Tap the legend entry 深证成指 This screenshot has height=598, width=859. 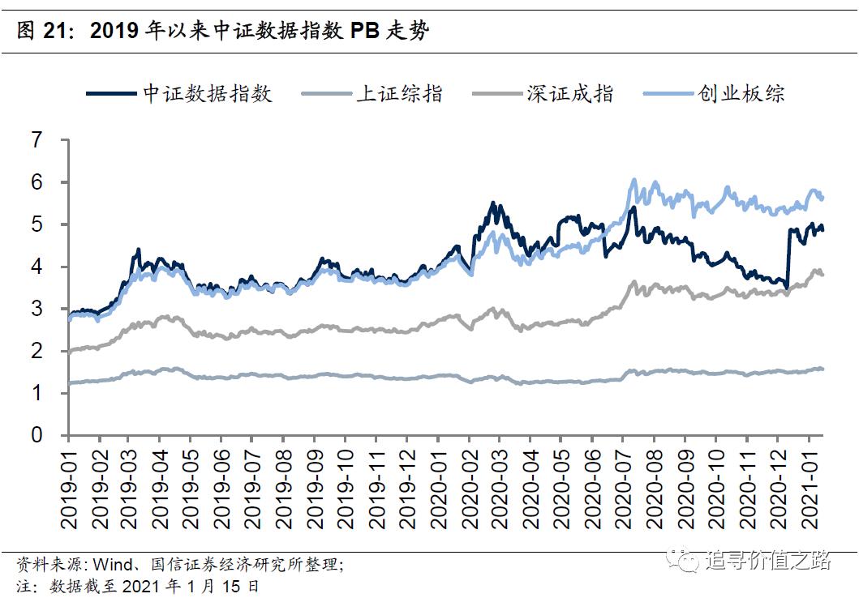(569, 94)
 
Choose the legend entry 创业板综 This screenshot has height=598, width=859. (741, 94)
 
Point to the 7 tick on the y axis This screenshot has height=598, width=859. (37, 140)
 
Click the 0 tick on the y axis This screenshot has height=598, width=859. (37, 435)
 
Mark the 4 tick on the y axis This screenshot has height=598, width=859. (37, 267)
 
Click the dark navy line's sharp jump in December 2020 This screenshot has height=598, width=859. (788, 259)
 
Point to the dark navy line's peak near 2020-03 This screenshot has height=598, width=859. (492, 203)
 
